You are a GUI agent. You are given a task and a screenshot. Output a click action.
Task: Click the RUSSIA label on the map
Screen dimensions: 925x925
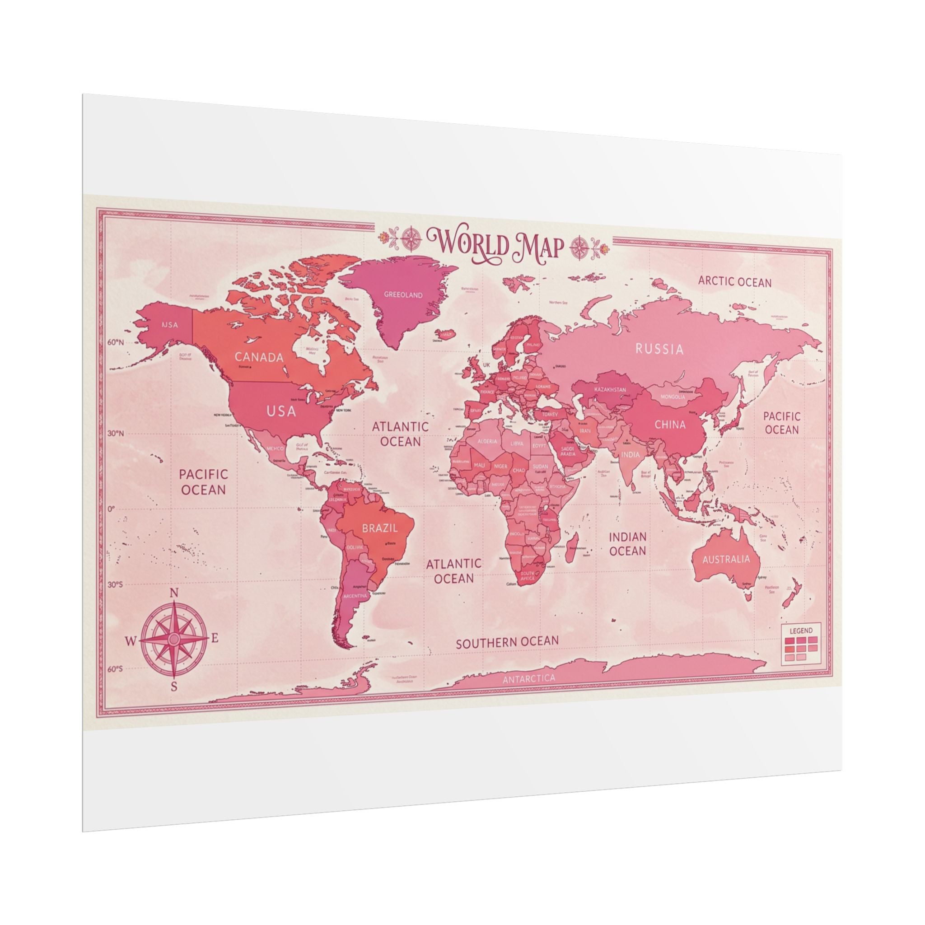point(659,349)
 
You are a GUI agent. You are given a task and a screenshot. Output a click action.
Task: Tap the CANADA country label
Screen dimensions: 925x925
point(259,357)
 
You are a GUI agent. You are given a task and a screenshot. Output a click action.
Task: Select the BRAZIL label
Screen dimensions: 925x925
point(380,528)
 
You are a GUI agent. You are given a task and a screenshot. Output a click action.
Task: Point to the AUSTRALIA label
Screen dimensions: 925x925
point(726,559)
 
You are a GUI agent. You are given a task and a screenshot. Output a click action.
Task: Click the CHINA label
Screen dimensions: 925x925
point(670,424)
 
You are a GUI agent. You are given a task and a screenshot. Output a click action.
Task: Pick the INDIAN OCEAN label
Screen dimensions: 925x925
point(627,544)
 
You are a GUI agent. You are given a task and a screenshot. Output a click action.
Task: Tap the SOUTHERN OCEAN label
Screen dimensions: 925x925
point(507,643)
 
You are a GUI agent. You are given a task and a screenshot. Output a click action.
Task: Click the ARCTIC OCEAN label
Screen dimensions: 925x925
point(734,281)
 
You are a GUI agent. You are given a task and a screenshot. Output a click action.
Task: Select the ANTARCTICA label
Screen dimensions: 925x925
point(529,678)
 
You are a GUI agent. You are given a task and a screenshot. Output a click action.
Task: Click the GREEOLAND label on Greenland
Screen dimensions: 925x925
point(403,295)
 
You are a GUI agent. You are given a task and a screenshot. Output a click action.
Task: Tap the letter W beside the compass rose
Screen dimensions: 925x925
point(131,640)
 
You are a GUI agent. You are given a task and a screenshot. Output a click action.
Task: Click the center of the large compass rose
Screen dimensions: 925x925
point(174,639)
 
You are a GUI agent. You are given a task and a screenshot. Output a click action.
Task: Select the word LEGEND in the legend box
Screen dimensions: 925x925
point(800,631)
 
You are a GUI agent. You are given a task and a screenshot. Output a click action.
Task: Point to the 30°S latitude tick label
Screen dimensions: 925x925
point(114,584)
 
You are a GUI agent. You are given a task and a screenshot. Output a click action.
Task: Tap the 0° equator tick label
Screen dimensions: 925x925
point(111,509)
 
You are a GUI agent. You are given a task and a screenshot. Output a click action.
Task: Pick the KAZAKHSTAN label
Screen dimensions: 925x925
point(609,389)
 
